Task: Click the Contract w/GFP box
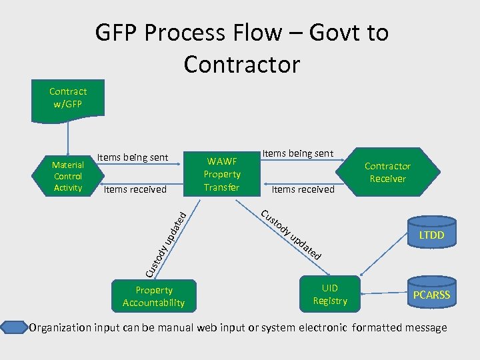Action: [67, 97]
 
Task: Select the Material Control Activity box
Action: [67, 176]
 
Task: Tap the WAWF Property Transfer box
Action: [221, 174]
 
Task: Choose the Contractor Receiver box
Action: [387, 172]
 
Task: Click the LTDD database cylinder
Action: [431, 235]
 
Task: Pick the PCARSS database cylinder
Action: [431, 294]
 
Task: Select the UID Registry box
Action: [330, 295]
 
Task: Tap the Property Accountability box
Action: [153, 297]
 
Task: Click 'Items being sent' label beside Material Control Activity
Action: [132, 157]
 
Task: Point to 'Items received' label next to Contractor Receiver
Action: [303, 189]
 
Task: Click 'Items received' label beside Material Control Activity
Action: [135, 189]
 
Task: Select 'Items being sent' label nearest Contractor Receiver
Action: [297, 153]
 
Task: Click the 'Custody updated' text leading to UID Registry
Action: [292, 235]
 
